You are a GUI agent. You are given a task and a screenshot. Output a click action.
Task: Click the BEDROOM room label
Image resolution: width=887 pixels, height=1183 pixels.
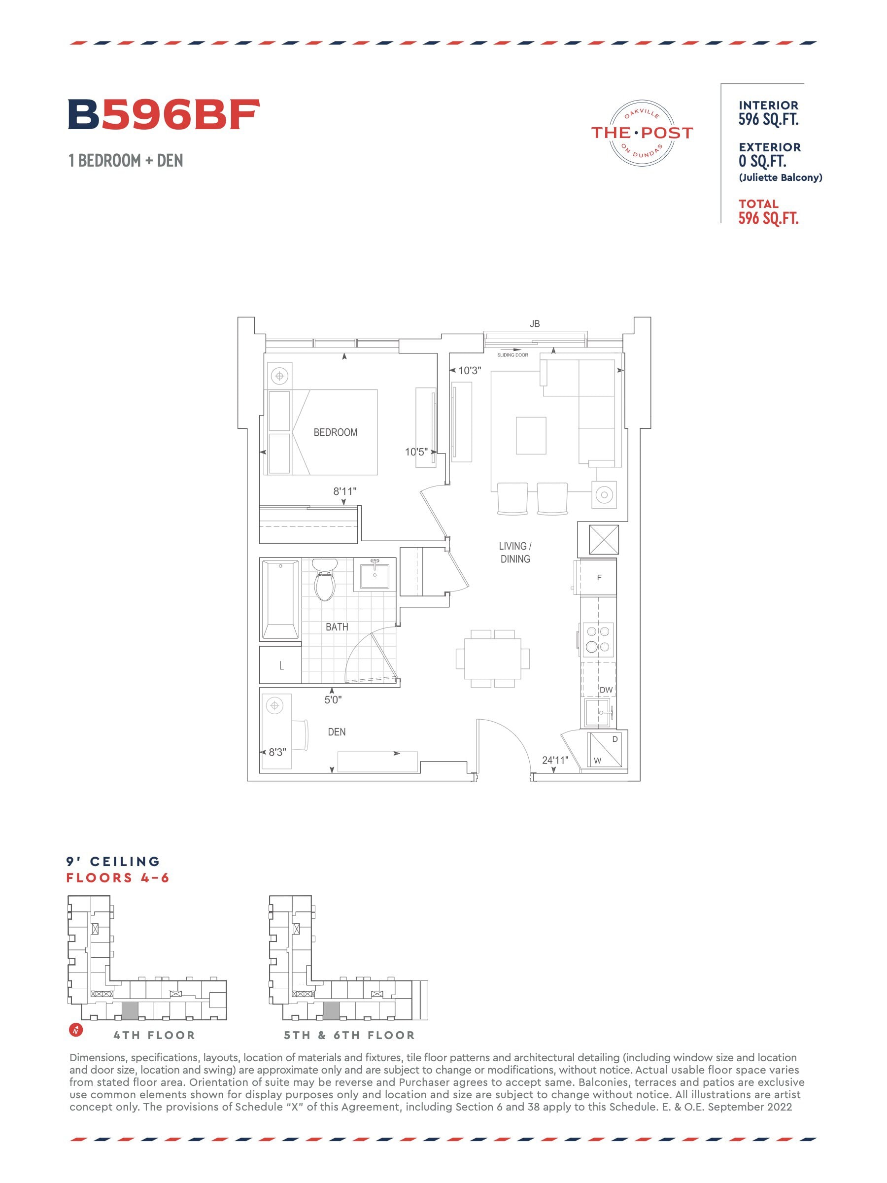pos(335,432)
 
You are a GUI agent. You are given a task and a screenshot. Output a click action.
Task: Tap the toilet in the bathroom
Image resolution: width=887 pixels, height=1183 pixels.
pos(324,579)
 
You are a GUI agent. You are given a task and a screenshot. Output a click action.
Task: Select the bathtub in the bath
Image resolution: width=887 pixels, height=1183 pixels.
pos(280,599)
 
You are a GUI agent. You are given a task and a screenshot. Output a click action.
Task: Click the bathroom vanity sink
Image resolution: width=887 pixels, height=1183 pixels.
pos(374,575)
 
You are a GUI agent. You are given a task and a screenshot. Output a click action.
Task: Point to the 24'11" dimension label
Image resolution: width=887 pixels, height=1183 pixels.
pos(555,761)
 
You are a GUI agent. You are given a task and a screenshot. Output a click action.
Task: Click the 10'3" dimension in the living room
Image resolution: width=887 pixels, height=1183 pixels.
pos(470,371)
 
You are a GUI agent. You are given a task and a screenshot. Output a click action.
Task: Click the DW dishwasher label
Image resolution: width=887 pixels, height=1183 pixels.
pos(606,690)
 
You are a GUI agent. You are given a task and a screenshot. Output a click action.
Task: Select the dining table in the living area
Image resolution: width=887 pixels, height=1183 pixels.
pos(492,659)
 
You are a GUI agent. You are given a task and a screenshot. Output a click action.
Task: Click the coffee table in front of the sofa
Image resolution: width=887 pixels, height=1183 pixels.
pos(531,435)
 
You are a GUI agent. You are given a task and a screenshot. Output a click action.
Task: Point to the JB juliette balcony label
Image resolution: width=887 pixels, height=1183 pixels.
pos(535,323)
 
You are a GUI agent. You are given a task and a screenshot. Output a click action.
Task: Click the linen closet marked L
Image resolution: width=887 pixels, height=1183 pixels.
pos(281,665)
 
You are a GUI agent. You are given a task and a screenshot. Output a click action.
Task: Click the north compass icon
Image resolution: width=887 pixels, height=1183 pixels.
pos(76,1030)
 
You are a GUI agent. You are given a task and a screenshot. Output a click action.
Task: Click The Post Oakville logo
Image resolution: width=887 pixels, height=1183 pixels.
pos(642,133)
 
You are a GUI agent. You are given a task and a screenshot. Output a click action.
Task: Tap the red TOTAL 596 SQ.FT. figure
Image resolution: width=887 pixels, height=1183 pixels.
pos(768,212)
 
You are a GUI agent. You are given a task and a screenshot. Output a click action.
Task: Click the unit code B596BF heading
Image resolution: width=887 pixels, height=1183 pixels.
pos(164,114)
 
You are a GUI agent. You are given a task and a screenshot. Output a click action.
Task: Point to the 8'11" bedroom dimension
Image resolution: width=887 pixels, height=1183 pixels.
pos(345,491)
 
